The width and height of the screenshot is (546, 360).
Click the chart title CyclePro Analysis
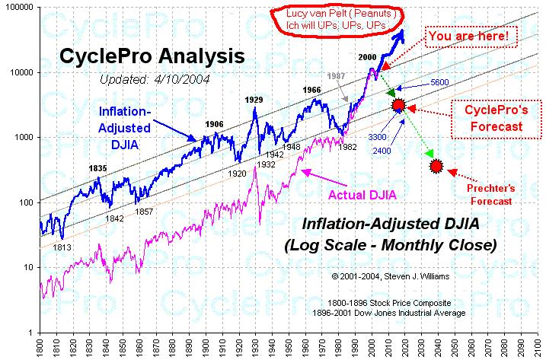pos(152,56)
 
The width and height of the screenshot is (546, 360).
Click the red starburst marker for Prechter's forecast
pos(436,166)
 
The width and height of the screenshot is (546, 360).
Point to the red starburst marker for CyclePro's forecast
pos(398,105)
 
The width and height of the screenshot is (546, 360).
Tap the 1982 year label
pos(347,147)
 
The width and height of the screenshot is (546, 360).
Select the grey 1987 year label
pos(335,77)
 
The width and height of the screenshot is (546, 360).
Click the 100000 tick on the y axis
pos(18,7)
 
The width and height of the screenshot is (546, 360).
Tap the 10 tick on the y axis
pos(28,267)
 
